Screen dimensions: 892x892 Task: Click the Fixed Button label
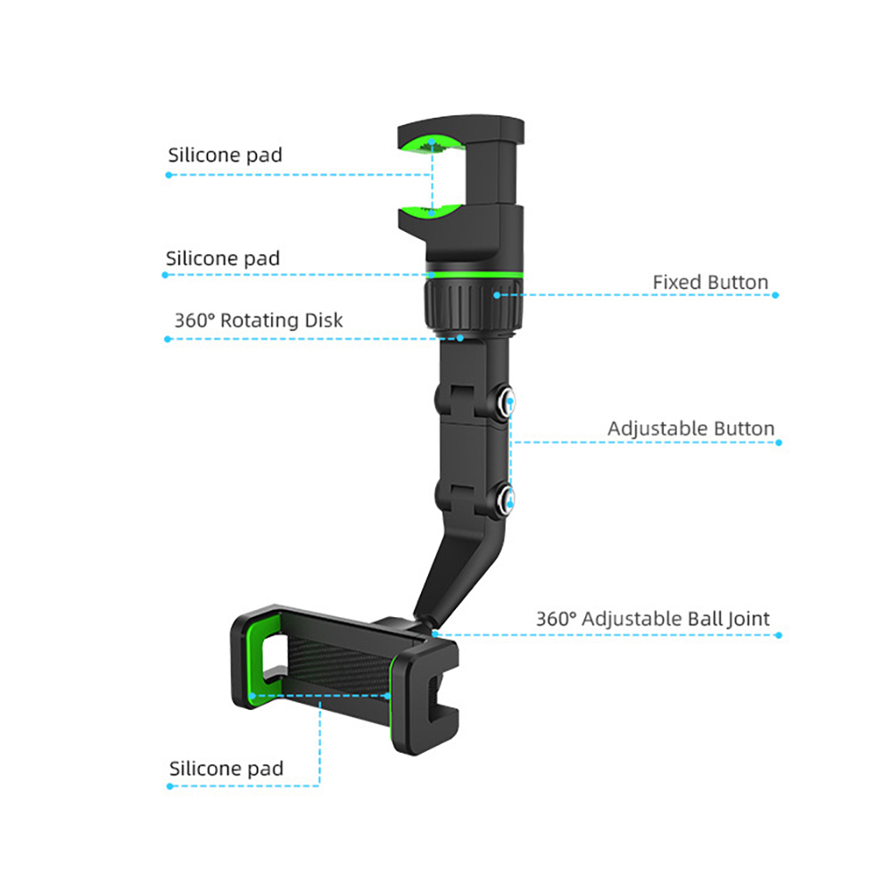[x=710, y=282]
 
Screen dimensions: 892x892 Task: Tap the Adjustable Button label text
[x=690, y=428]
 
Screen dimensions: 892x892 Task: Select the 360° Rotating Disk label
[x=259, y=320]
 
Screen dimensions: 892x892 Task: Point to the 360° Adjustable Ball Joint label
[x=653, y=618]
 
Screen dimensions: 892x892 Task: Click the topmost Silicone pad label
[x=225, y=154]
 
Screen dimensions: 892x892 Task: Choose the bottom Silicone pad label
[x=226, y=769]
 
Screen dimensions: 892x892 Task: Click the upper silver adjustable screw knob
[x=504, y=402]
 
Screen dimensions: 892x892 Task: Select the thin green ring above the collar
[x=474, y=274]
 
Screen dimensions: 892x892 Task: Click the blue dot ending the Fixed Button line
[x=775, y=294]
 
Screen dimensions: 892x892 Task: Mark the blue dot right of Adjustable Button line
[x=779, y=442]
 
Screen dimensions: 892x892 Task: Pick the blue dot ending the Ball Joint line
[x=779, y=635]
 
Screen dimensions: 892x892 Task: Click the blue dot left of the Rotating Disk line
[x=168, y=339]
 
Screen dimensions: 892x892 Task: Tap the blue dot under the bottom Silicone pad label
[x=169, y=786]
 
